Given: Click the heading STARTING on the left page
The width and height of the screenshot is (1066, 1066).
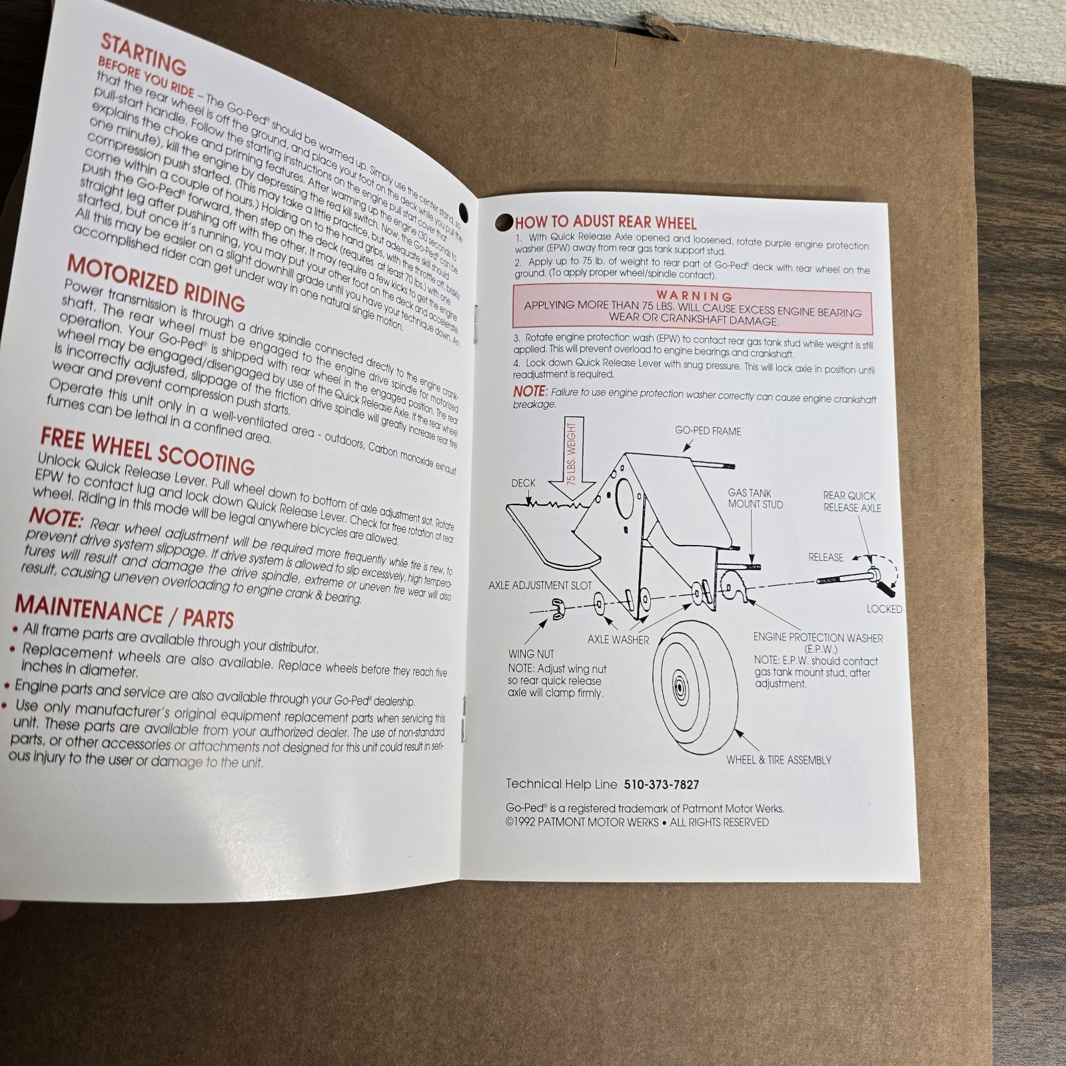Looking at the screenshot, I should pyautogui.click(x=143, y=55).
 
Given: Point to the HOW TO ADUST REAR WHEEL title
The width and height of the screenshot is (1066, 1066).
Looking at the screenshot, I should pyautogui.click(x=605, y=223).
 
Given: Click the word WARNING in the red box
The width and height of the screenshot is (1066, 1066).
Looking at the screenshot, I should pyautogui.click(x=694, y=295).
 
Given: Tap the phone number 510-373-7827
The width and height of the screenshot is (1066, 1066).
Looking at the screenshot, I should pyautogui.click(x=661, y=785).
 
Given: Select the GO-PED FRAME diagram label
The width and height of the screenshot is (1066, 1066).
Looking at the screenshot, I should pyautogui.click(x=708, y=431).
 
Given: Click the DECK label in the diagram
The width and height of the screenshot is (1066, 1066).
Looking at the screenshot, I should pyautogui.click(x=523, y=483).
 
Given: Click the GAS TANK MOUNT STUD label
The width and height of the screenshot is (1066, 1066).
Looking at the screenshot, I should pyautogui.click(x=755, y=498).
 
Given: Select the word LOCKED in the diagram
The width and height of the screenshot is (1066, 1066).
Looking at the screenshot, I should pyautogui.click(x=884, y=609).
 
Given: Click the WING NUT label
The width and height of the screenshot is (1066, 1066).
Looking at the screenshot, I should pyautogui.click(x=531, y=654).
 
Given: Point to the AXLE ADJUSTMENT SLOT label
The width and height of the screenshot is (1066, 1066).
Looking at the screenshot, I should pyautogui.click(x=540, y=586).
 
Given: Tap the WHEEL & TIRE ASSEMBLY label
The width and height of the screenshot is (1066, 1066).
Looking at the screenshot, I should pyautogui.click(x=778, y=760).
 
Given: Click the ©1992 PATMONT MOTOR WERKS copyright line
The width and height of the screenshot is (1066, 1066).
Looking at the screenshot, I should pyautogui.click(x=636, y=822).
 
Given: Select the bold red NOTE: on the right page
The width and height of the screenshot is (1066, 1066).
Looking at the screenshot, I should pyautogui.click(x=530, y=392).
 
